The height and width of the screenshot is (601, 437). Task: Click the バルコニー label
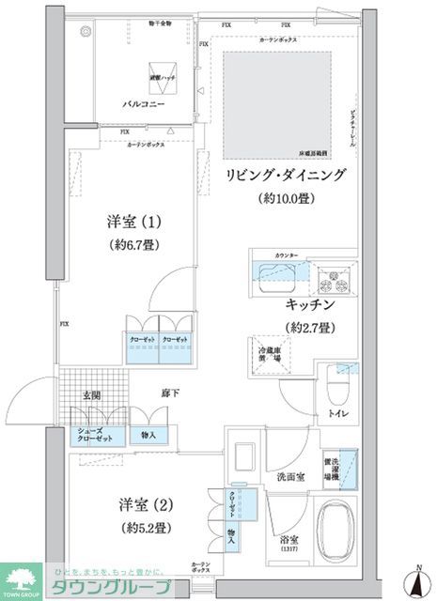tap(145, 104)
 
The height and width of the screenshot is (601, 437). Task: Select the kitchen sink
tap(276, 275)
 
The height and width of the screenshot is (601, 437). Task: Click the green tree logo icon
tap(20, 578)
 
